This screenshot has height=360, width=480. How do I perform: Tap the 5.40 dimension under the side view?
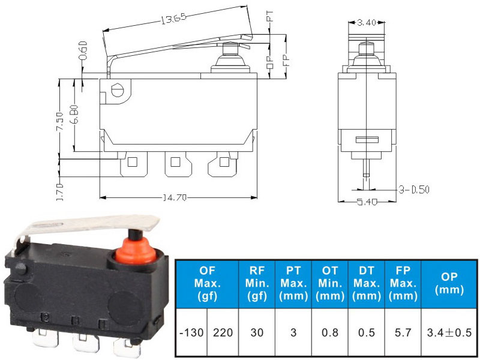click(366, 202)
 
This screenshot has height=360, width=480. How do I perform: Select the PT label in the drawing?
click(271, 19)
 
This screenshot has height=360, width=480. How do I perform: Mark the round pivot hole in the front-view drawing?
click(118, 91)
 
